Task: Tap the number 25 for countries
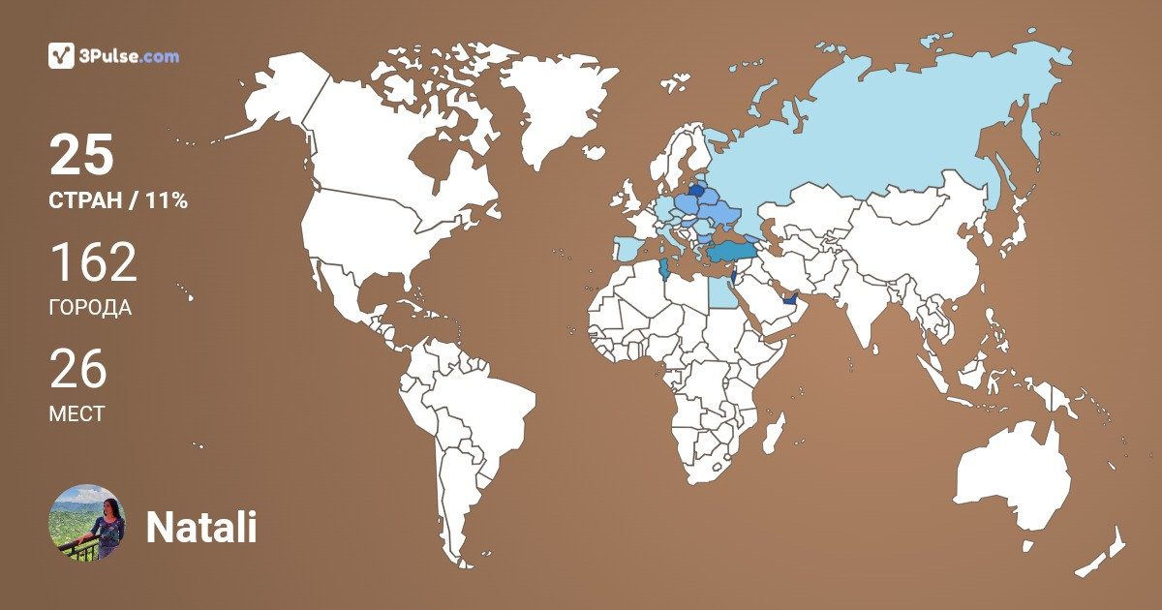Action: (82, 156)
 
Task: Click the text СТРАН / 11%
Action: (118, 201)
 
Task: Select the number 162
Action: (93, 263)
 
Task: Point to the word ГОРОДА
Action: (90, 308)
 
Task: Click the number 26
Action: (78, 370)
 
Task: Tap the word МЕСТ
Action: (76, 414)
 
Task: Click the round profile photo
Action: (87, 522)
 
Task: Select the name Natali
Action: (200, 528)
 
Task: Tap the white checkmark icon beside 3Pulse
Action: (61, 56)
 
